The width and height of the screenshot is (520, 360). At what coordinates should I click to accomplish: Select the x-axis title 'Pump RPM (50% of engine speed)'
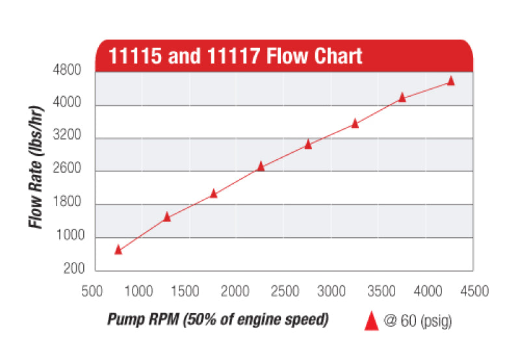point(218,320)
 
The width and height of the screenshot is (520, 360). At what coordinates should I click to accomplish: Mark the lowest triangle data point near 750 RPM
point(118,250)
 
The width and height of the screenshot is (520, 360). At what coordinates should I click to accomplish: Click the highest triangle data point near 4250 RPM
point(451,81)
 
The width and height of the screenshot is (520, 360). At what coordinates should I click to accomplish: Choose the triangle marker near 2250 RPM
point(261,166)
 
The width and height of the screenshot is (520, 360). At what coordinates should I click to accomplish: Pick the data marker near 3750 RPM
point(402,97)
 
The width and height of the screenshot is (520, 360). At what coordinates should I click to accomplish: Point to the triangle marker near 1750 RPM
point(214,193)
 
